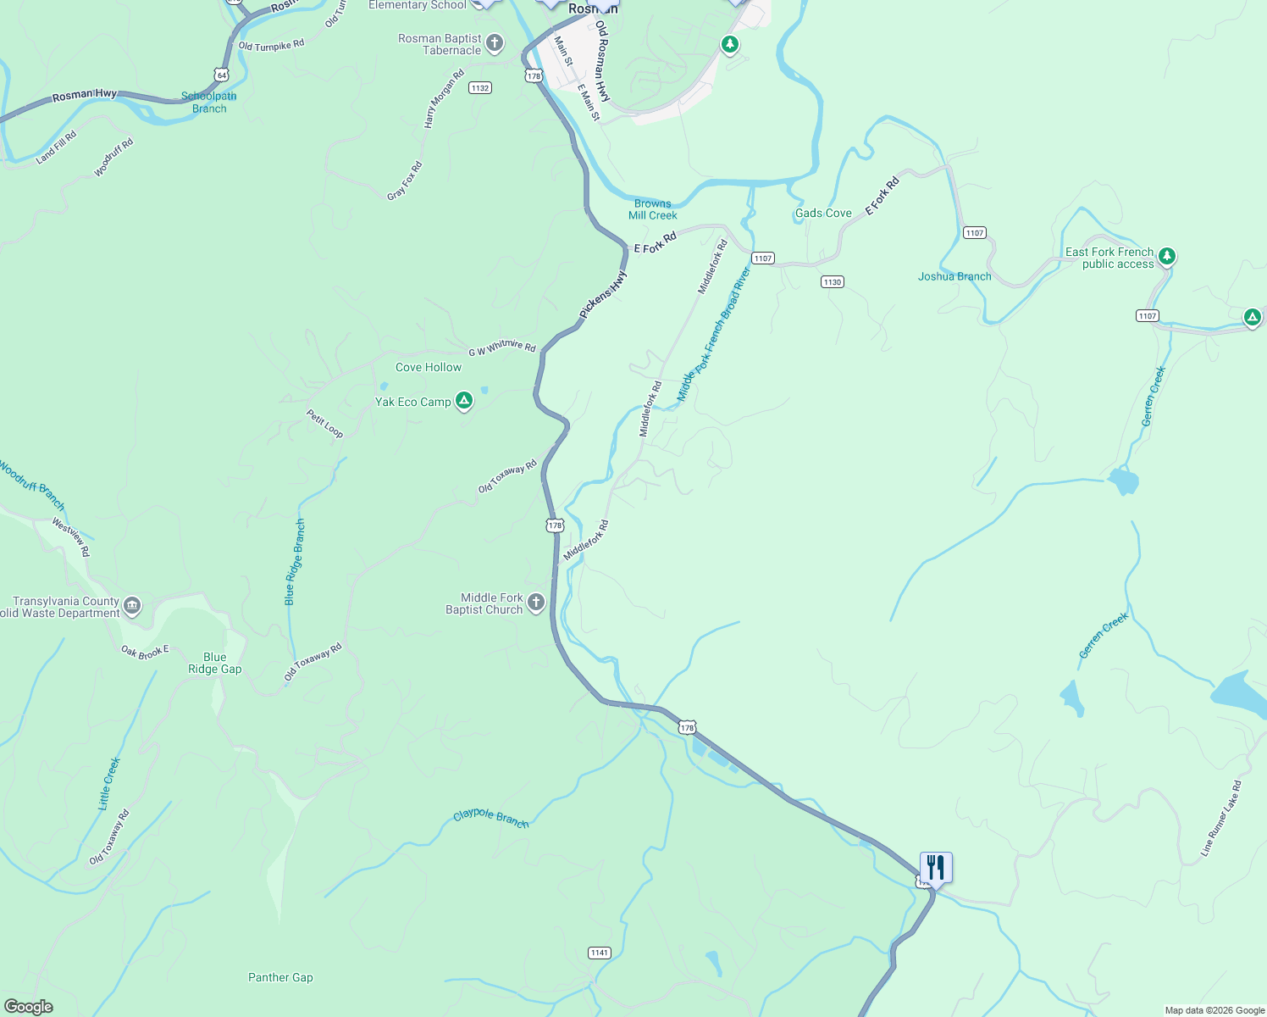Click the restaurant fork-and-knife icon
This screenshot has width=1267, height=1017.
pyautogui.click(x=936, y=867)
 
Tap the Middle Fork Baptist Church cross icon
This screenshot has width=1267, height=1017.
pyautogui.click(x=536, y=603)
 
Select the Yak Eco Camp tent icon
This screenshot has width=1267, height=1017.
pyautogui.click(x=463, y=401)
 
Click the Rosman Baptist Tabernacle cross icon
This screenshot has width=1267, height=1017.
pyautogui.click(x=495, y=43)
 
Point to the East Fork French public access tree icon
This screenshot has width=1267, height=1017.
pyautogui.click(x=1167, y=256)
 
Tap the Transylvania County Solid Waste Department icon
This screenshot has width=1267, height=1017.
pyautogui.click(x=132, y=605)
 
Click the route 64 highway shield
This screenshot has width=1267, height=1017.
pyautogui.click(x=221, y=75)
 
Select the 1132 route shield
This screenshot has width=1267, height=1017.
pyautogui.click(x=480, y=88)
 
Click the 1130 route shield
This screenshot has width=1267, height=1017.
pyautogui.click(x=832, y=282)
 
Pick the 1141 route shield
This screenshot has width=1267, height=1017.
pyautogui.click(x=600, y=953)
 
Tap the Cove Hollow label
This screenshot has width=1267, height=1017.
pyautogui.click(x=429, y=367)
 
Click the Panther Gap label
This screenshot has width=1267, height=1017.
pyautogui.click(x=280, y=977)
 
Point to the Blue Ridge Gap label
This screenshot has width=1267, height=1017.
pyautogui.click(x=215, y=663)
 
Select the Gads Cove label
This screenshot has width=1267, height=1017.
pyautogui.click(x=823, y=213)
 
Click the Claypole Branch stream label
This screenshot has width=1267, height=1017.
pyautogui.click(x=491, y=818)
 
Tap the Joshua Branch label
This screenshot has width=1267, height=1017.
pyautogui.click(x=954, y=276)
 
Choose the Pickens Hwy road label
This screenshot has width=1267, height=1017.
pyautogui.click(x=604, y=295)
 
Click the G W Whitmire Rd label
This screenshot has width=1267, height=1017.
pyautogui.click(x=502, y=347)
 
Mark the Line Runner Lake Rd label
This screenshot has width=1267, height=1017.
pyautogui.click(x=1221, y=819)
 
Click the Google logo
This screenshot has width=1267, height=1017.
pyautogui.click(x=29, y=1006)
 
